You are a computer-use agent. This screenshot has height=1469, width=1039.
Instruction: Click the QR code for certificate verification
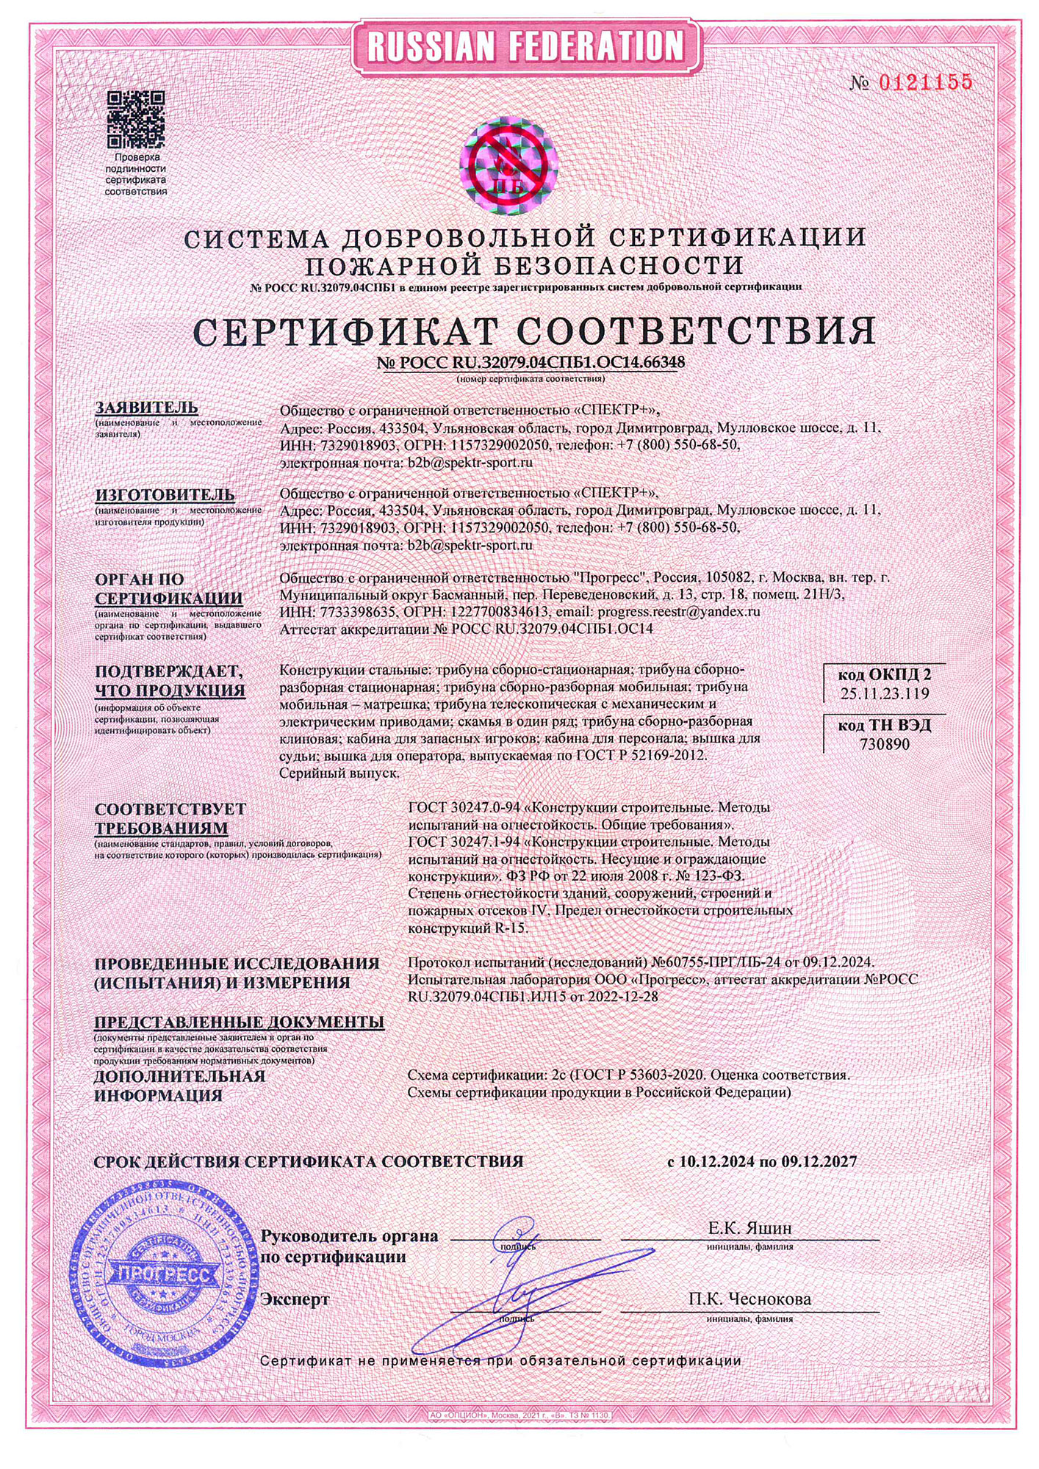pyautogui.click(x=136, y=120)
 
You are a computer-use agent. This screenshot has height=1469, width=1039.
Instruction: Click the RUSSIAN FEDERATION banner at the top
pyautogui.click(x=525, y=46)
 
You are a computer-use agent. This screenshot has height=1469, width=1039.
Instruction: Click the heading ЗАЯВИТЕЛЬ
pyautogui.click(x=146, y=408)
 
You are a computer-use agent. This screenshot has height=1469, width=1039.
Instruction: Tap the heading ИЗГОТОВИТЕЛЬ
pyautogui.click(x=165, y=494)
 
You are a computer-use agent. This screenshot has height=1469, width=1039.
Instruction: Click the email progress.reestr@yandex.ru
pyautogui.click(x=679, y=611)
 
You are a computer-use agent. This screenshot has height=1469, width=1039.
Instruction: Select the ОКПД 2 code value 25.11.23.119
pyautogui.click(x=885, y=693)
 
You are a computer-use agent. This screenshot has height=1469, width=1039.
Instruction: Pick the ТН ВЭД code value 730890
pyautogui.click(x=884, y=743)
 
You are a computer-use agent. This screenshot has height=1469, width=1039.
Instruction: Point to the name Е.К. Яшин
pyautogui.click(x=749, y=1228)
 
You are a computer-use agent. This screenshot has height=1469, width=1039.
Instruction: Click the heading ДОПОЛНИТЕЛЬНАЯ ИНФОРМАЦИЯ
pyautogui.click(x=179, y=1086)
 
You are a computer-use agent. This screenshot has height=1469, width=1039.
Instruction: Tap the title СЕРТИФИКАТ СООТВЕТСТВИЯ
pyautogui.click(x=534, y=331)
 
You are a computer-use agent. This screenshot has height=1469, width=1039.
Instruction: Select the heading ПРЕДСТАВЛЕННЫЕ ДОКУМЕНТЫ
pyautogui.click(x=239, y=1022)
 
